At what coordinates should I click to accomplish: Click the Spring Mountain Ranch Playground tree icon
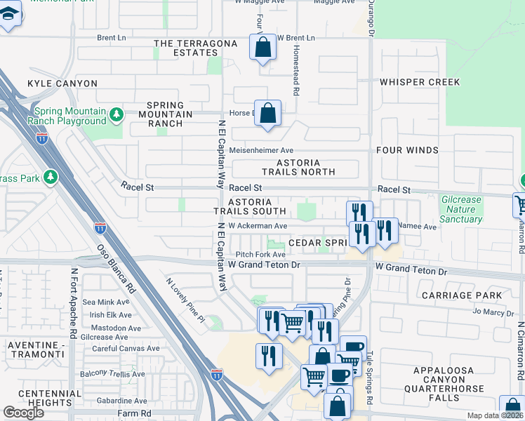[117, 114]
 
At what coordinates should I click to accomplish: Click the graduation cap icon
[9, 14]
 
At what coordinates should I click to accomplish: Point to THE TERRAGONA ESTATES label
[186, 48]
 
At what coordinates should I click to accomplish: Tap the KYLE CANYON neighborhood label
[62, 83]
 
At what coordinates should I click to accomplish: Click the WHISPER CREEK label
[420, 82]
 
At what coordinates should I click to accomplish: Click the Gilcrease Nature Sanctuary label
[461, 209]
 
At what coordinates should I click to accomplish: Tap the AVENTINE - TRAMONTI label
[36, 350]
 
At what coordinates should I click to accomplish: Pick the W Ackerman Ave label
[258, 226]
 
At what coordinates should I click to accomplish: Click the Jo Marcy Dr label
[493, 312]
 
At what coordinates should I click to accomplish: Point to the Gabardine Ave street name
[107, 400]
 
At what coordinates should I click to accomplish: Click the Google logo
[24, 413]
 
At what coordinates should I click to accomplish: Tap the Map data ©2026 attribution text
[495, 415]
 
